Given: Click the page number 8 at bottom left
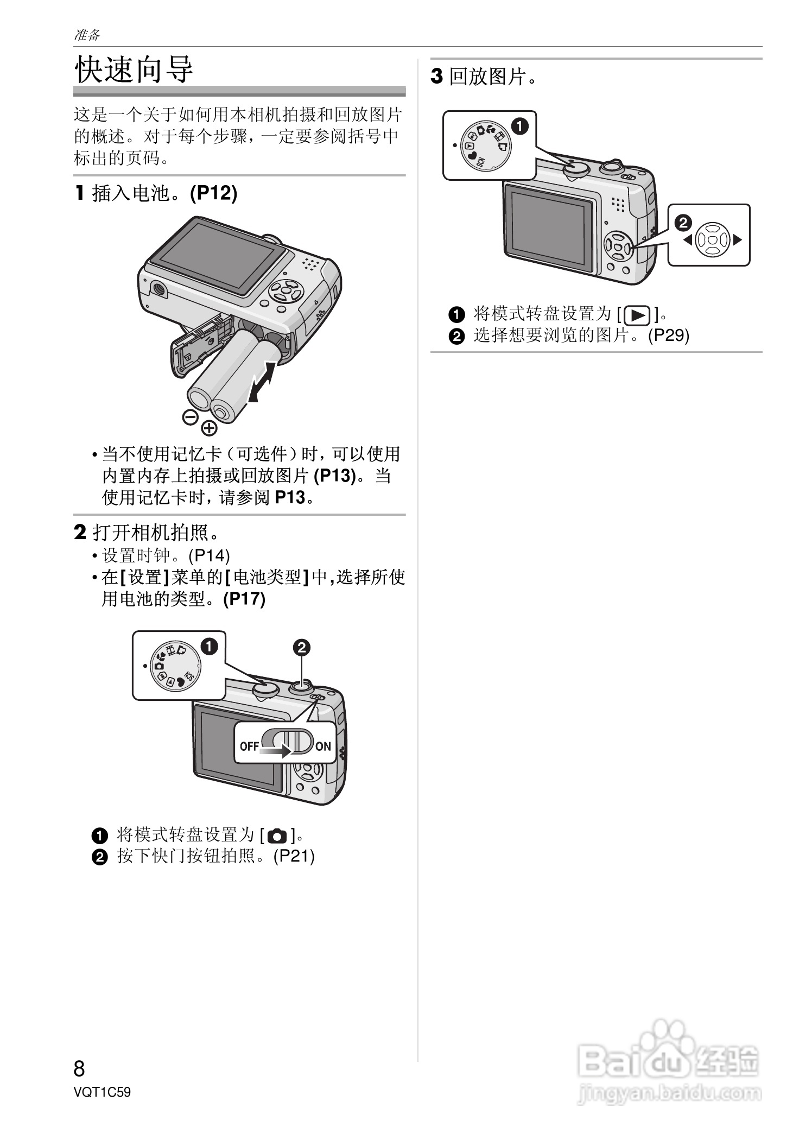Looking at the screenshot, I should pyautogui.click(x=79, y=1068).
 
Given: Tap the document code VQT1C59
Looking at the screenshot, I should pyautogui.click(x=102, y=1092).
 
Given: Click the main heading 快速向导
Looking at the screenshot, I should pyautogui.click(x=134, y=69).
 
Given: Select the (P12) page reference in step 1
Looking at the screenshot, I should pyautogui.click(x=213, y=193).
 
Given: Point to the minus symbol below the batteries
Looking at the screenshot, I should pyautogui.click(x=190, y=417).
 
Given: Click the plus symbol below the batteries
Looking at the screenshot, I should pyautogui.click(x=209, y=428).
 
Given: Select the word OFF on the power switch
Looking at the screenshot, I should pyautogui.click(x=249, y=746).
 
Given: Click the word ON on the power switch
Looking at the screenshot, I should pyautogui.click(x=323, y=746).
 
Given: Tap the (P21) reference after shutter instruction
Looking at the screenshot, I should pyautogui.click(x=294, y=856).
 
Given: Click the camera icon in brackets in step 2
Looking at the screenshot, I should pyautogui.click(x=277, y=835).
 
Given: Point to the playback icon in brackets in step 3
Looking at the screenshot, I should pyautogui.click(x=637, y=314).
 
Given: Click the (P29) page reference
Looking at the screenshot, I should pyautogui.click(x=669, y=335).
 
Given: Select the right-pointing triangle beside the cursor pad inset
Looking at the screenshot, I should pyautogui.click(x=737, y=239).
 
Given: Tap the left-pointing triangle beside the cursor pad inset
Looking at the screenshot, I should pyautogui.click(x=688, y=239).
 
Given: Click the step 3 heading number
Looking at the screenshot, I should pyautogui.click(x=436, y=77).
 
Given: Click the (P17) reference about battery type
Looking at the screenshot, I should pyautogui.click(x=244, y=599).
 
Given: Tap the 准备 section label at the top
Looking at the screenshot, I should pyautogui.click(x=87, y=35).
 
